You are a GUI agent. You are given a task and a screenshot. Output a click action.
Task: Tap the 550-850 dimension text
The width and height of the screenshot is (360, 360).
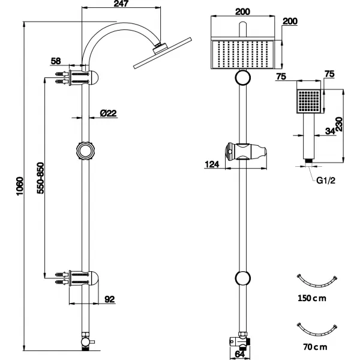coord(39,178)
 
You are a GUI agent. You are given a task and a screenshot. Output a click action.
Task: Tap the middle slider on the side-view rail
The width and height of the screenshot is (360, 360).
coord(86,150)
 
